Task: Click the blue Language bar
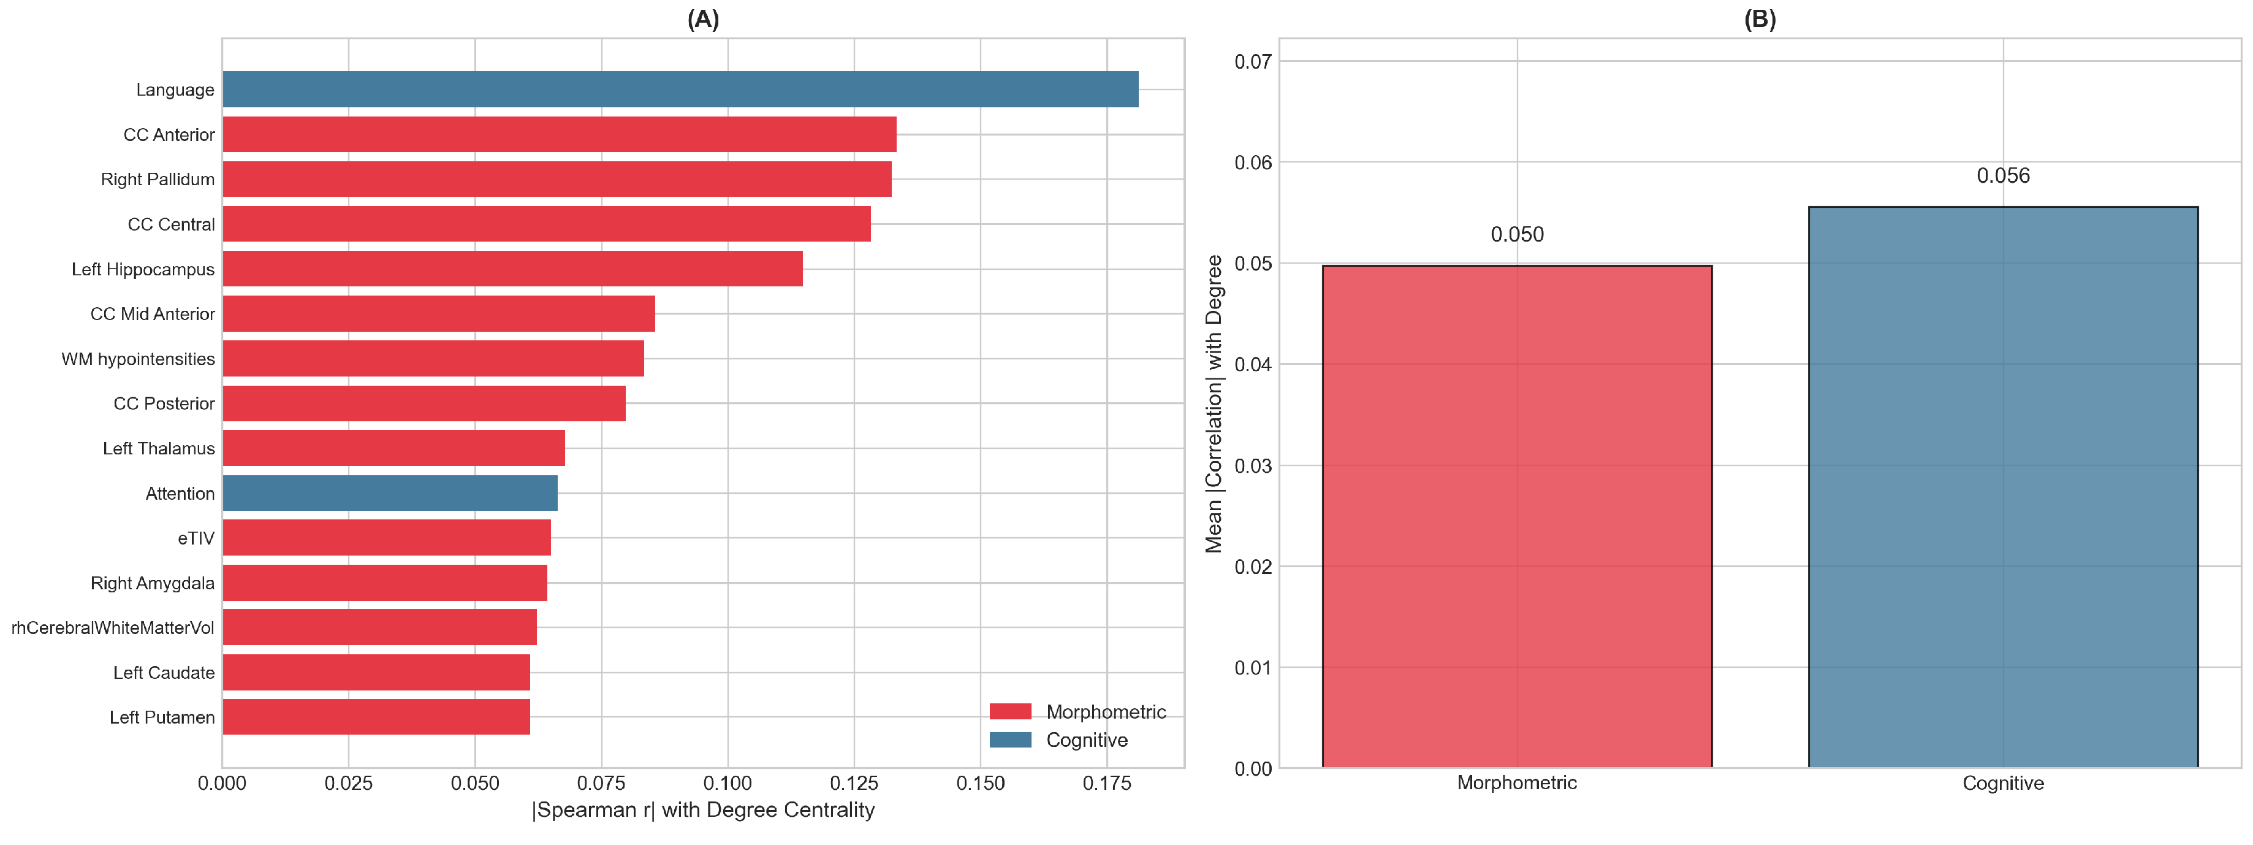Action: (680, 90)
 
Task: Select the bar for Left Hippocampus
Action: (512, 269)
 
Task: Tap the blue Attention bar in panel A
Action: (389, 494)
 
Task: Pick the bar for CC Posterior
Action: (424, 403)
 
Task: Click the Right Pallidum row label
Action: (158, 179)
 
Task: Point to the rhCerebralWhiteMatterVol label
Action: (112, 628)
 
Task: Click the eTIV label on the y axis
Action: (196, 538)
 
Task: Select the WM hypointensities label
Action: (137, 359)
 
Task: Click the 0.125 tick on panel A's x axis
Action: (854, 784)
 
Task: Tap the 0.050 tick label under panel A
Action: (475, 784)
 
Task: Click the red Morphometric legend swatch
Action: (1010, 711)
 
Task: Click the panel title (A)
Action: (702, 19)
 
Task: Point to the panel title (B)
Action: (1759, 19)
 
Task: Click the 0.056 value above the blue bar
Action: (2003, 176)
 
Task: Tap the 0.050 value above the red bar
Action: (1516, 234)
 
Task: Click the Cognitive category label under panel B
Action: (2003, 783)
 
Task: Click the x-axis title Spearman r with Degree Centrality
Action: (702, 810)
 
